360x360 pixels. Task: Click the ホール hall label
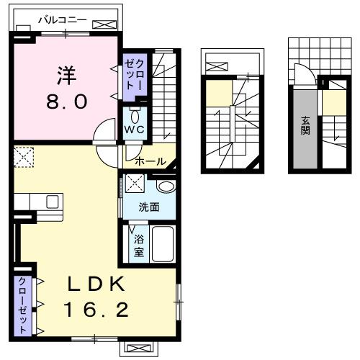tap(150, 161)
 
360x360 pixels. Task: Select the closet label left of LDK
tap(22, 304)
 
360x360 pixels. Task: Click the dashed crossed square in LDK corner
tap(24, 156)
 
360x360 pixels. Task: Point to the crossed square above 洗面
tap(135, 183)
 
